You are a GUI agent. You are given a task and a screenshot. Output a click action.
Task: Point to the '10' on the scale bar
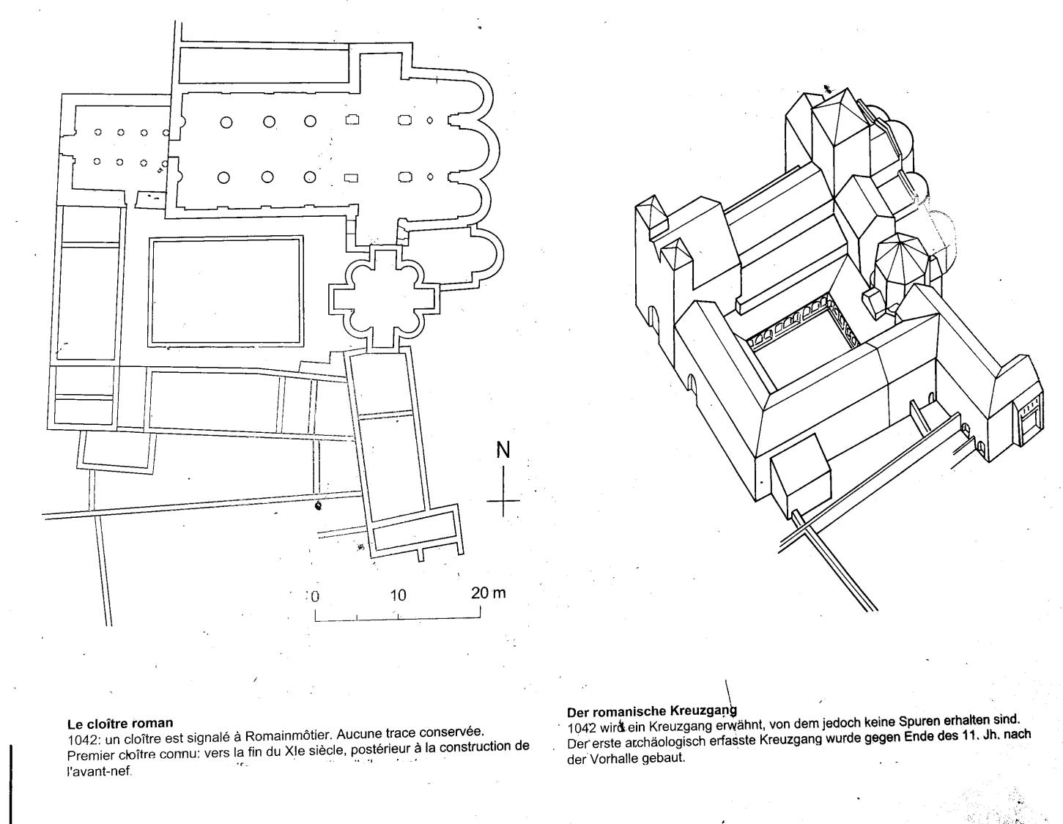[397, 595]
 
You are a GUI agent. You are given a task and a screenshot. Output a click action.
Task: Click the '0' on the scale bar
[316, 595]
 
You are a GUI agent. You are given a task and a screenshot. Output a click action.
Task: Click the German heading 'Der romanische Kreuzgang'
[651, 710]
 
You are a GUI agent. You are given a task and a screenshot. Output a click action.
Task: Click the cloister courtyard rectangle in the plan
[226, 292]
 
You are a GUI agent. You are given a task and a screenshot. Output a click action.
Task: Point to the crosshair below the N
[503, 501]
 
